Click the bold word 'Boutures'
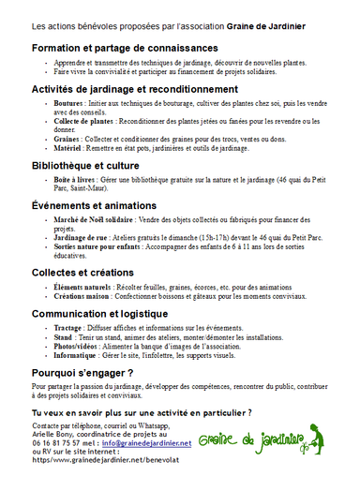[68, 105]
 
